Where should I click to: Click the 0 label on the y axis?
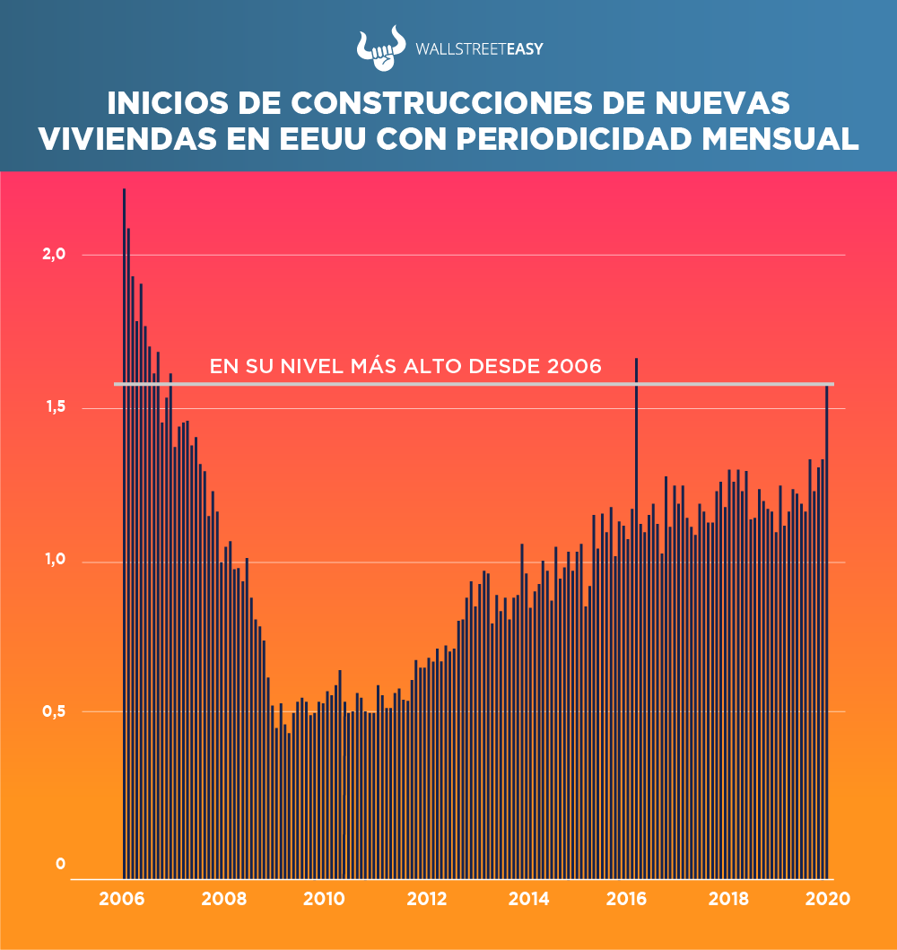pos(61,864)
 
